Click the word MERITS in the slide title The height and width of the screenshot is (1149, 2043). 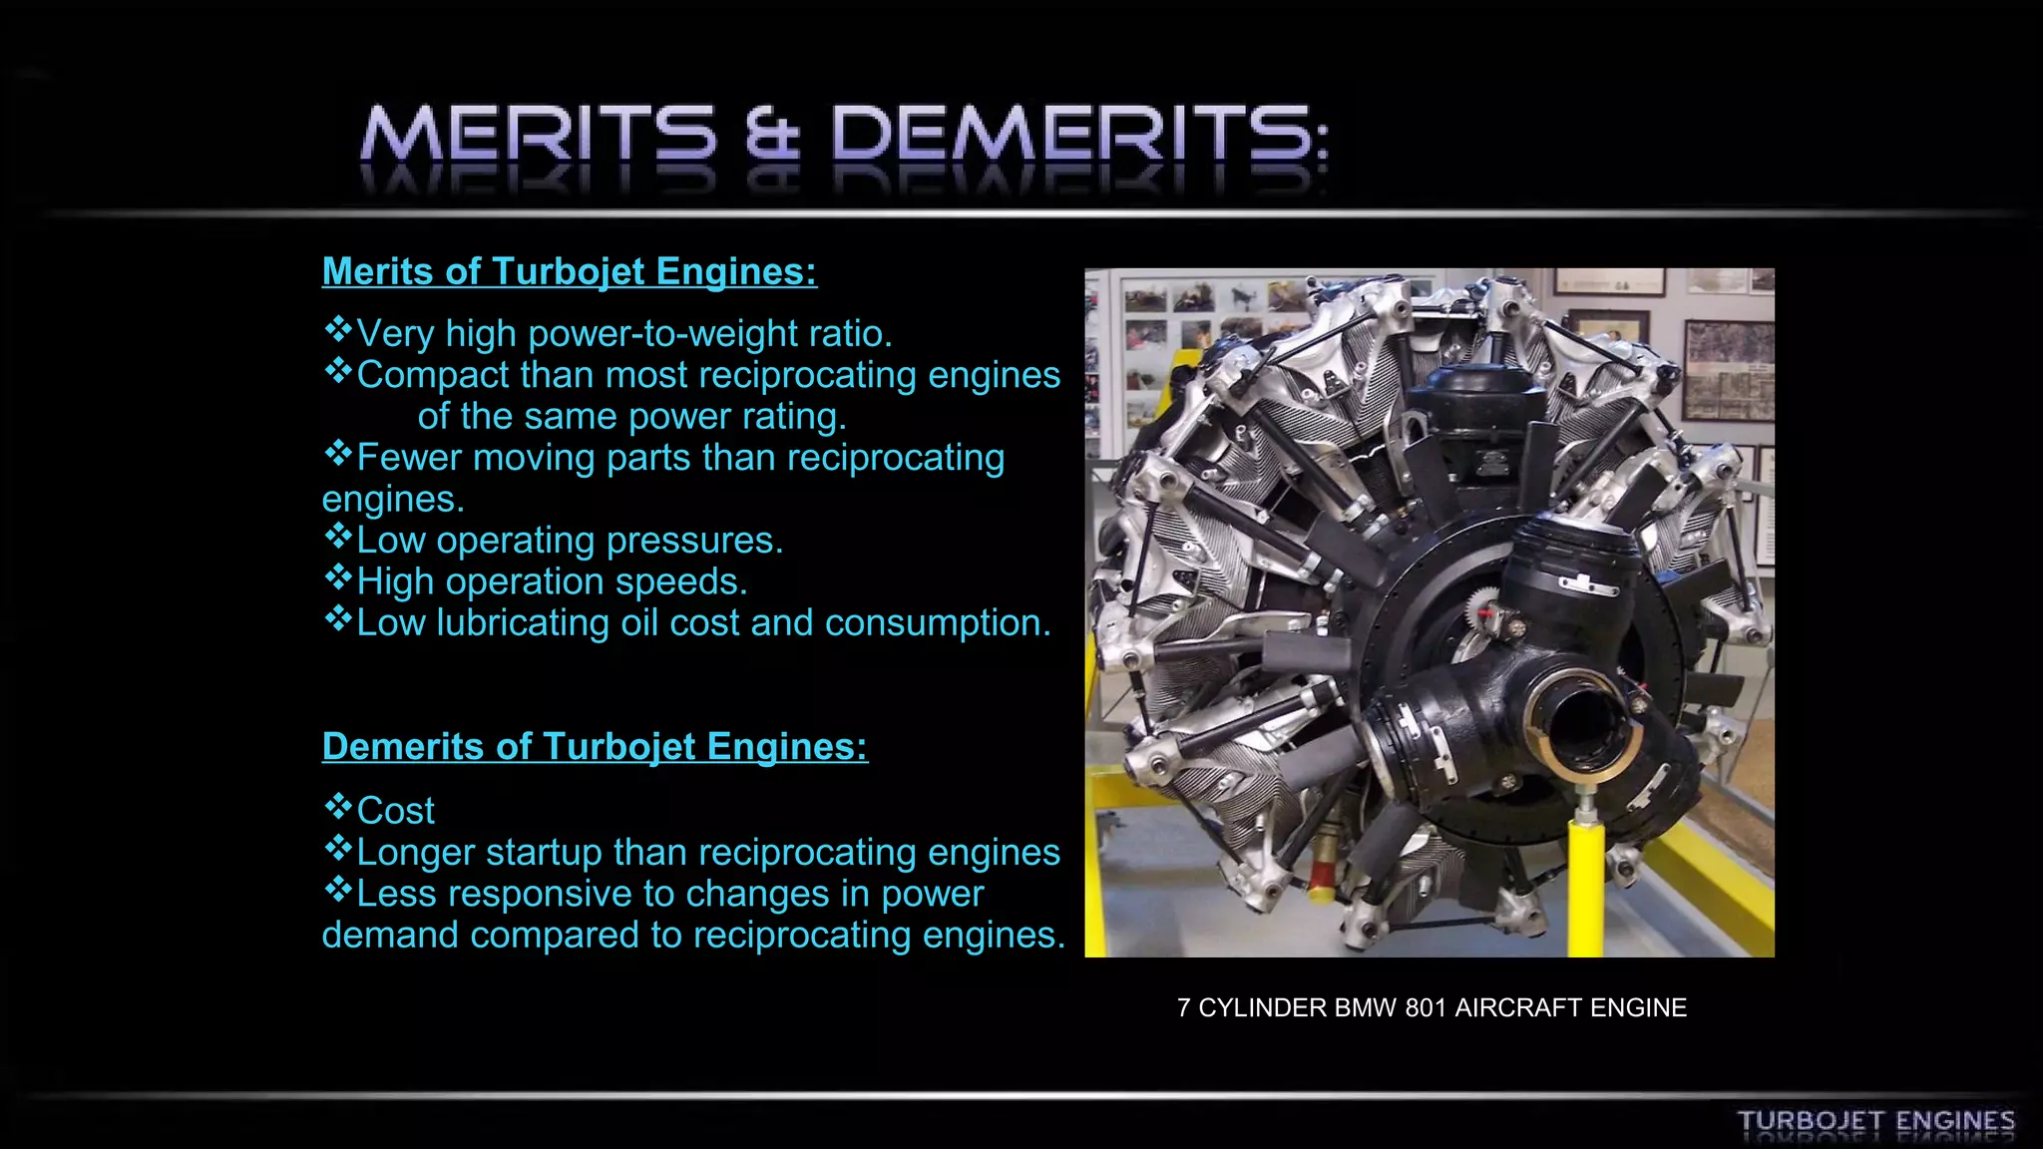click(x=539, y=135)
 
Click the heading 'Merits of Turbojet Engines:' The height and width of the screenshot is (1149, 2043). click(x=569, y=271)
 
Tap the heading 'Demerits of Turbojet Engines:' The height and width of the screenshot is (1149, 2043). click(x=595, y=746)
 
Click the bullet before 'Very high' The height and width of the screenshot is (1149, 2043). click(x=338, y=329)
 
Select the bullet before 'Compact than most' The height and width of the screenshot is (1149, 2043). click(x=338, y=371)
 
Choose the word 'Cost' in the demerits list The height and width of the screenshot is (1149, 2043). click(x=395, y=811)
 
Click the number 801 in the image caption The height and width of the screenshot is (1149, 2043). click(x=1426, y=1008)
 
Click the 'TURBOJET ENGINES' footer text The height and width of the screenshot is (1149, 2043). click(x=1875, y=1122)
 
